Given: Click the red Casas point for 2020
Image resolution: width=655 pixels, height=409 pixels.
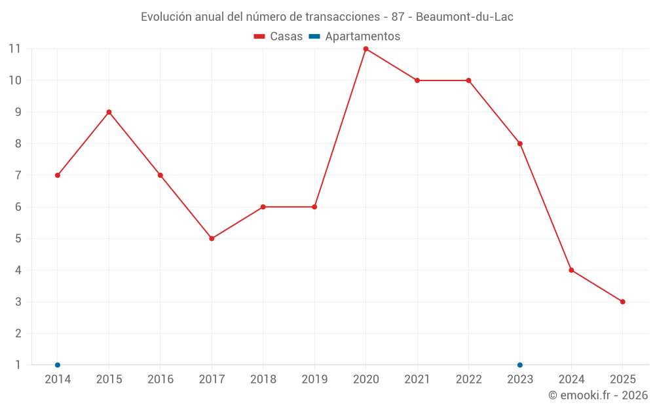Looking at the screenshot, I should [365, 49].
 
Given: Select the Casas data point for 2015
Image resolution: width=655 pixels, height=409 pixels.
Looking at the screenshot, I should [109, 112].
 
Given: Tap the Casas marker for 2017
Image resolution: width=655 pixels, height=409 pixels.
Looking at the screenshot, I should [212, 238].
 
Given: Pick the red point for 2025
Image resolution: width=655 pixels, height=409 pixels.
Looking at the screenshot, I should [622, 302].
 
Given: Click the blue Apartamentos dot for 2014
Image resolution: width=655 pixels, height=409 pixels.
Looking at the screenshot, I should [58, 365].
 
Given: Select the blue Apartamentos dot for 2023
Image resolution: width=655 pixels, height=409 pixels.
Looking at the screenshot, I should [520, 365].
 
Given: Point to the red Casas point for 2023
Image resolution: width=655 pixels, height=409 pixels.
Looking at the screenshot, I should [520, 143].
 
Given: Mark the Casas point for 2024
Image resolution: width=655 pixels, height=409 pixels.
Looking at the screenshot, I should [571, 270].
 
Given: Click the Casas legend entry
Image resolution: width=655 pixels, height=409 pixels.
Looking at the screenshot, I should [278, 37].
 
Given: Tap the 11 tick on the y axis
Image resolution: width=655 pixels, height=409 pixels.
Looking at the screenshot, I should [14, 49].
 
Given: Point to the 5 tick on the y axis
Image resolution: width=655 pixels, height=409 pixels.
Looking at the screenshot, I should [18, 238].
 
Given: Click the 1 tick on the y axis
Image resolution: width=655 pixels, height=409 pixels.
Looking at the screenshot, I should [18, 365].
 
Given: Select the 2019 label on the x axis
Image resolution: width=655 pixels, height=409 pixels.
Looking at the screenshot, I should [314, 380].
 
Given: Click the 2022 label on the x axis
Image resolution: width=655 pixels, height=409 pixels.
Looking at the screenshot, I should [468, 380].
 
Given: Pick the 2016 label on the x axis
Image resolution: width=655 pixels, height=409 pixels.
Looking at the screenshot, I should [160, 380].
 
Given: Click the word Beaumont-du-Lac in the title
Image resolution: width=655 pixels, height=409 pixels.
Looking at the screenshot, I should [464, 17].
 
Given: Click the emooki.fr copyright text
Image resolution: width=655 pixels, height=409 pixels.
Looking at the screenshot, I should [597, 395].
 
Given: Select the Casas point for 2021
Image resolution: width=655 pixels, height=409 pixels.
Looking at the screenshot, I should [417, 80].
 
